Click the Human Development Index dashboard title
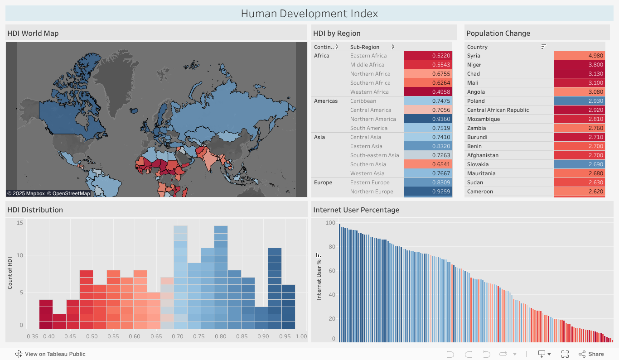[x=309, y=14]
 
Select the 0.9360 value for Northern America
[x=428, y=119]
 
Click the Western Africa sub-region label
[x=369, y=92]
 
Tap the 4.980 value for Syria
[x=579, y=56]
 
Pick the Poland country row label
[x=476, y=101]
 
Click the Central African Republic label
[x=498, y=110]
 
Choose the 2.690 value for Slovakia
[x=579, y=164]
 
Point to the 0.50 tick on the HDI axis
[x=92, y=336]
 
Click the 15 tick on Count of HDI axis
[x=19, y=223]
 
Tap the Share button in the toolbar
[x=591, y=354]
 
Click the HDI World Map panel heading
[x=33, y=33]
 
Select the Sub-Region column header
[x=365, y=47]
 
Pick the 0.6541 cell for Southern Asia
[x=428, y=164]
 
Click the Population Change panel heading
[x=498, y=33]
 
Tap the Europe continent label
[x=323, y=182]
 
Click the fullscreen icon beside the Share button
[x=565, y=354]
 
